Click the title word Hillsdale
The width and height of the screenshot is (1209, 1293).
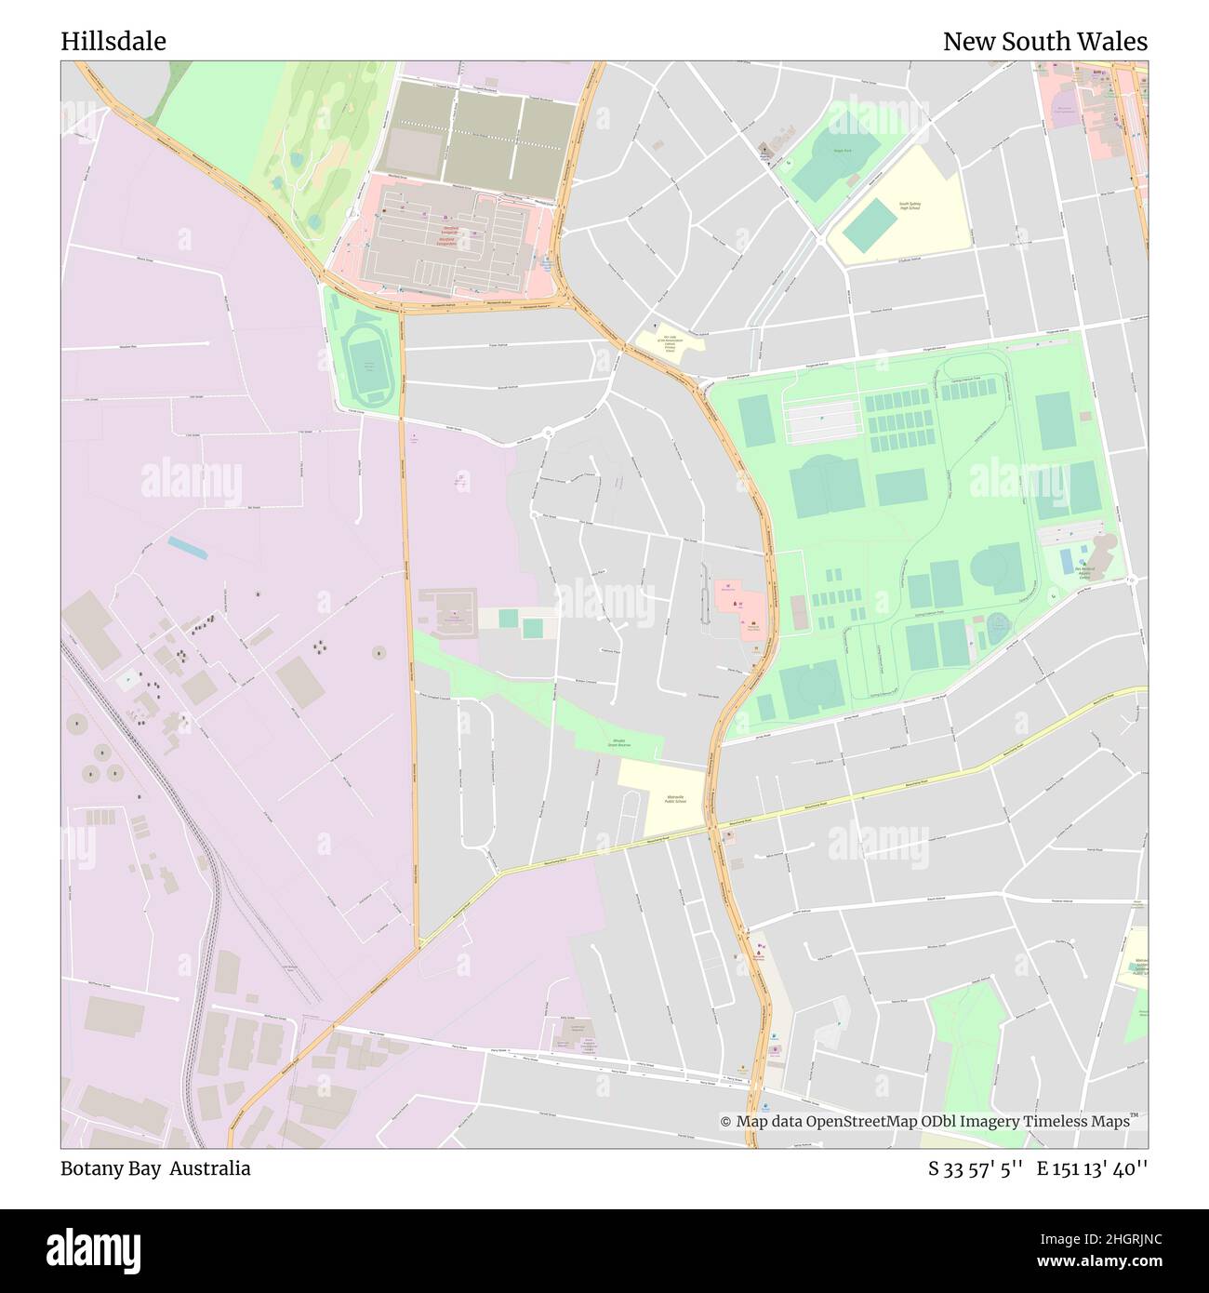pos(113,42)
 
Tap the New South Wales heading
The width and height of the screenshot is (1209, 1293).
pos(1044,42)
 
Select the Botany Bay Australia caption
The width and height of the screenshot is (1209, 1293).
pos(155,1168)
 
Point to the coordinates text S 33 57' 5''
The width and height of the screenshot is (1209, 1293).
pos(976,1169)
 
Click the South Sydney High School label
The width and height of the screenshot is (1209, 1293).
pos(909,206)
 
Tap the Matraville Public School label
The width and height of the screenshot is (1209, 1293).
pos(675,799)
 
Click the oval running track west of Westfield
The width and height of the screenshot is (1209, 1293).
pos(364,364)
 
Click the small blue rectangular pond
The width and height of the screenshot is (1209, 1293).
pos(188,548)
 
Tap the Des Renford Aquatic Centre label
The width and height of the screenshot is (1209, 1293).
pos(1084,571)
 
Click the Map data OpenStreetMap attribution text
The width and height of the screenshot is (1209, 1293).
pos(925,1122)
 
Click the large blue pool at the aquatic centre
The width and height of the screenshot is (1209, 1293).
pos(1067,561)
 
